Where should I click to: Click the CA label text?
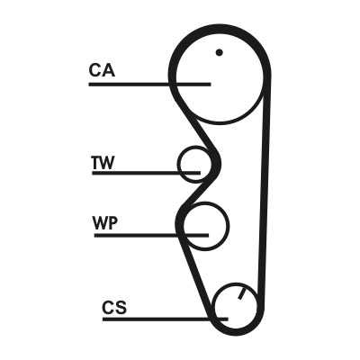[x=102, y=70]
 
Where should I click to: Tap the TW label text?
[x=103, y=163]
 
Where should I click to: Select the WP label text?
[x=105, y=222]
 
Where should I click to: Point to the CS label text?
[x=114, y=308]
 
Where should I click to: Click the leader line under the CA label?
[x=149, y=85]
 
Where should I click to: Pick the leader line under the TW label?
[x=146, y=173]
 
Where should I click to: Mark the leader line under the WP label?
[x=151, y=236]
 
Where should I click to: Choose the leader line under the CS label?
[x=166, y=319]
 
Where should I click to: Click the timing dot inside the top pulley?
[x=220, y=52]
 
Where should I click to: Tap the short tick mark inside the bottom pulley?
[x=242, y=293]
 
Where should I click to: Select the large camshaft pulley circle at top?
[x=219, y=124]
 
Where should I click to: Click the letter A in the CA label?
[x=108, y=70]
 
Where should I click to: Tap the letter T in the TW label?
[x=96, y=163]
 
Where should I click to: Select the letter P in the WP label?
[x=112, y=222]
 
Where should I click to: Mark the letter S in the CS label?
[x=121, y=308]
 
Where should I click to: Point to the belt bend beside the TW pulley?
[x=217, y=165]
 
